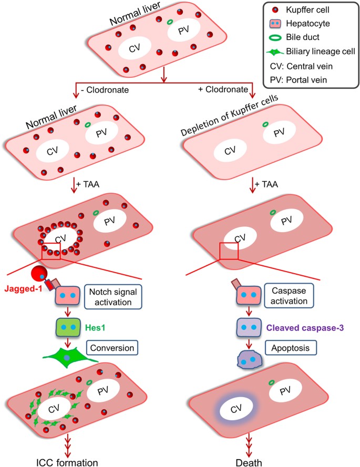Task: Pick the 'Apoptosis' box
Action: (x=282, y=347)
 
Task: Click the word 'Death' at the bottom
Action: (x=245, y=461)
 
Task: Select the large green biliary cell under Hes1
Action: (x=67, y=357)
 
